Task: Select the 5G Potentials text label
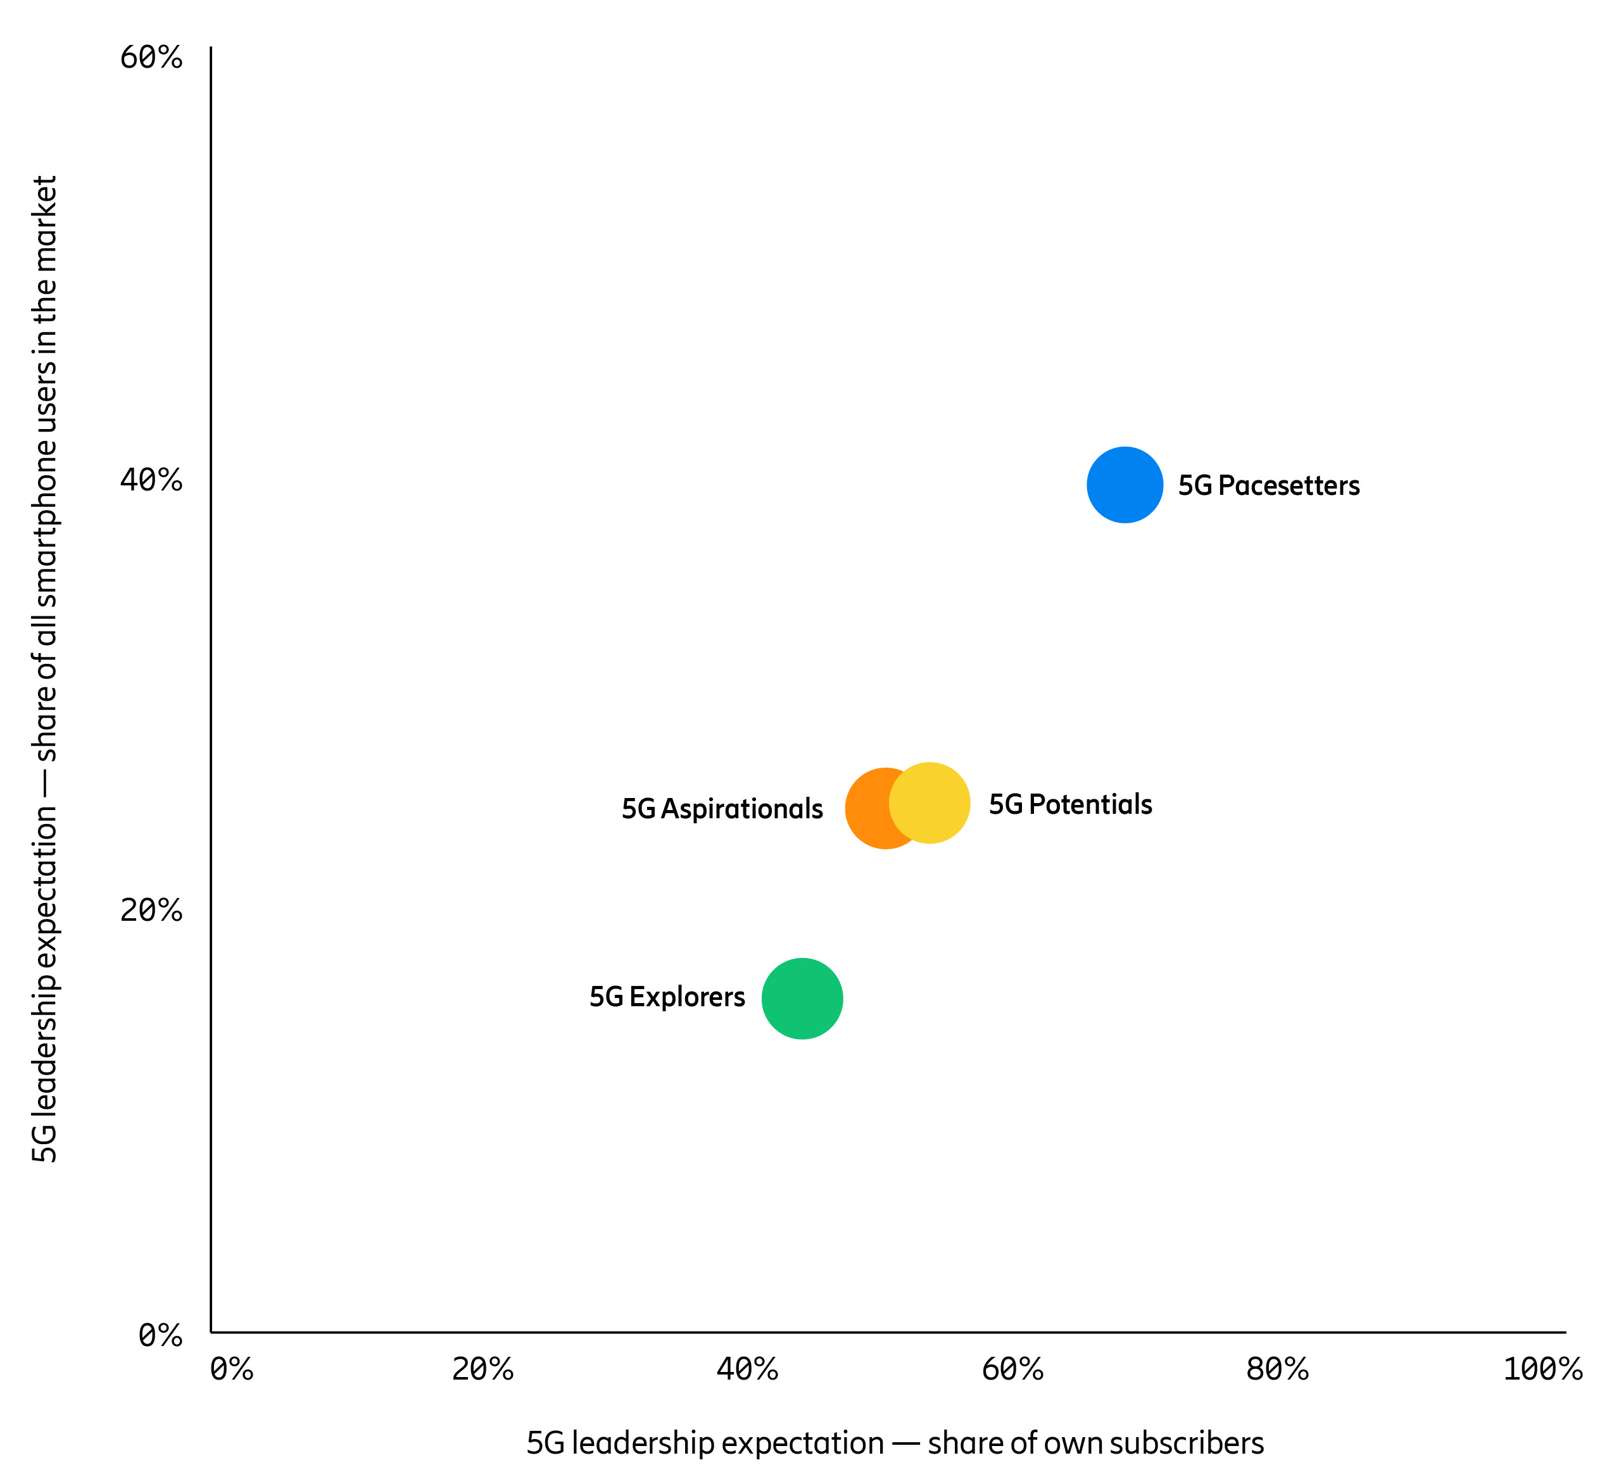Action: click(1069, 804)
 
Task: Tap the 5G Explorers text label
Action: click(667, 997)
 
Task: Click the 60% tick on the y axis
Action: click(151, 57)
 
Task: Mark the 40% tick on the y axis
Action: click(151, 480)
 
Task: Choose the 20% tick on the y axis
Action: click(151, 910)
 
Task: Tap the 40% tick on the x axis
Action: click(747, 1369)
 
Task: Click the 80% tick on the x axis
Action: click(1277, 1369)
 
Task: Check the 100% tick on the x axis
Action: click(1542, 1369)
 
